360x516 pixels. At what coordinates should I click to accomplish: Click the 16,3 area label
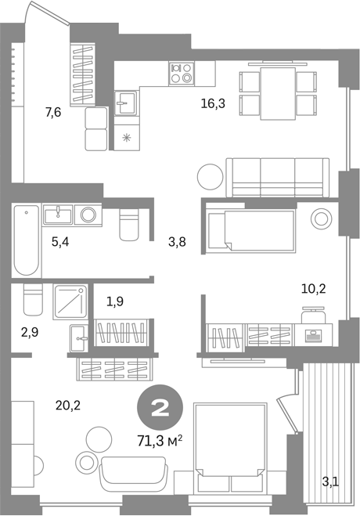[213, 104]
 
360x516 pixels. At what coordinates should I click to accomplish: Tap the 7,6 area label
[53, 113]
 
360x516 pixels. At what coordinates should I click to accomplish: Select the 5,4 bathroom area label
[60, 242]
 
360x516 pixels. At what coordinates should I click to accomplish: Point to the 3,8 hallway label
[177, 242]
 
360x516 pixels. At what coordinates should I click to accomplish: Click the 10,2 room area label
[314, 289]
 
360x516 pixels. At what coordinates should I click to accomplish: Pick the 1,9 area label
[115, 301]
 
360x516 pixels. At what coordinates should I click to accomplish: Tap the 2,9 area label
[30, 332]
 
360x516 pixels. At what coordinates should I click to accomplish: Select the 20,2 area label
[68, 406]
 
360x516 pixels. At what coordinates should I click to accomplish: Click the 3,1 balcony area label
[330, 483]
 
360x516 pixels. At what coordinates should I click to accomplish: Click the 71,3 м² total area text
[160, 441]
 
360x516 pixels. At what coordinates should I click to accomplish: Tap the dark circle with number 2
[160, 409]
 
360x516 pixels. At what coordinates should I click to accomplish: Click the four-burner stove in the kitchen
[182, 74]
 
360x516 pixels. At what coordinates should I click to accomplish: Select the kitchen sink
[125, 103]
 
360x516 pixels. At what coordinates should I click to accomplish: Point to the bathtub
[27, 240]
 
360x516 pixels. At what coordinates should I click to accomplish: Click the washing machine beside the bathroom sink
[88, 215]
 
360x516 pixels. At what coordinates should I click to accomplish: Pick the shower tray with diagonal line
[70, 301]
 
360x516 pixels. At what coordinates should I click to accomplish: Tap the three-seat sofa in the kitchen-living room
[278, 178]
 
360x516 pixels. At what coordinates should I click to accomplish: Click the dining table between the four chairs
[278, 94]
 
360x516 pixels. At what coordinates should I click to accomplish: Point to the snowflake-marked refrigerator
[127, 138]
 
